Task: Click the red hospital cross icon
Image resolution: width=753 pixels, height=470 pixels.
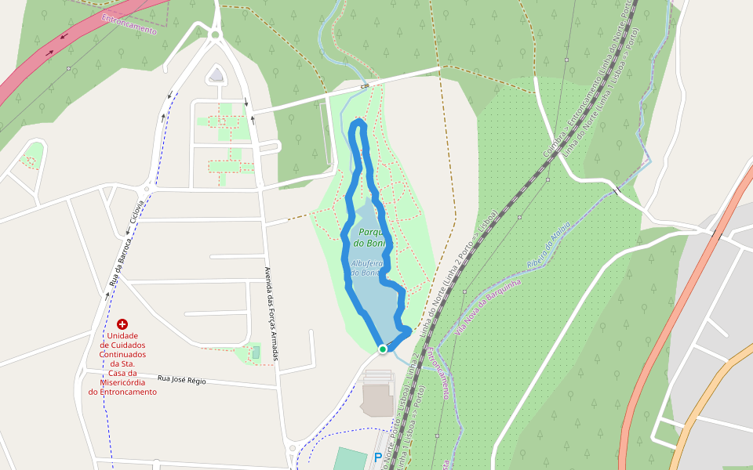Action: (122, 324)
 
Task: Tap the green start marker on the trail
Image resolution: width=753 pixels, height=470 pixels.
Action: (383, 349)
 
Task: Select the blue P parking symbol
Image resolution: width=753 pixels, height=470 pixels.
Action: (378, 457)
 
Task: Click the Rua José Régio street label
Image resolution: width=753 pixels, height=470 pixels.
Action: (181, 380)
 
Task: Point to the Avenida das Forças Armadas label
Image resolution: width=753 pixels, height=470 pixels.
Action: (271, 313)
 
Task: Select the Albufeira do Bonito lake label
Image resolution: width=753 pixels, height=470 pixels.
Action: (366, 268)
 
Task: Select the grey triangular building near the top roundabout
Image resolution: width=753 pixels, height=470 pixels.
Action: (216, 75)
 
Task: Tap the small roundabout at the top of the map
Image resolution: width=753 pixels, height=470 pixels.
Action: (215, 34)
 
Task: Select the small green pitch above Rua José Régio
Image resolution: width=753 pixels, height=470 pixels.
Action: (256, 352)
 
